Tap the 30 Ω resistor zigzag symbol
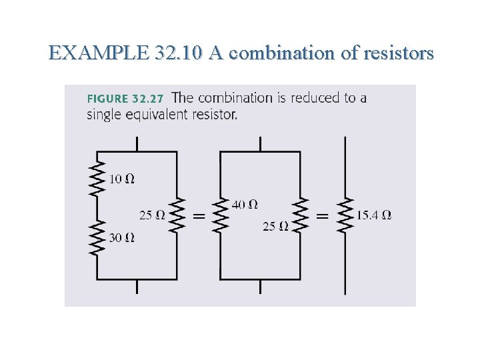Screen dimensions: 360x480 (x=97, y=239)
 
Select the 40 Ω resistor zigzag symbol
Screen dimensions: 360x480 (x=220, y=215)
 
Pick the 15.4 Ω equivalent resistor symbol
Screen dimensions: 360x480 (x=345, y=215)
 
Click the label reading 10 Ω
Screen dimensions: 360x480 (x=121, y=179)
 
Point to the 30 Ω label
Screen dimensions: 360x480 (x=122, y=237)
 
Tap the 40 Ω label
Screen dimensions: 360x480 (x=245, y=204)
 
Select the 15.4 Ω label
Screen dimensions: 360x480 (x=374, y=215)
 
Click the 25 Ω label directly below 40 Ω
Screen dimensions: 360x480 (x=275, y=227)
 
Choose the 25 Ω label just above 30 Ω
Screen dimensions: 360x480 (x=152, y=215)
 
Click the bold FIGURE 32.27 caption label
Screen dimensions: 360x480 (x=125, y=99)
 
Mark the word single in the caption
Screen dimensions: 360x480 (x=102, y=115)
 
